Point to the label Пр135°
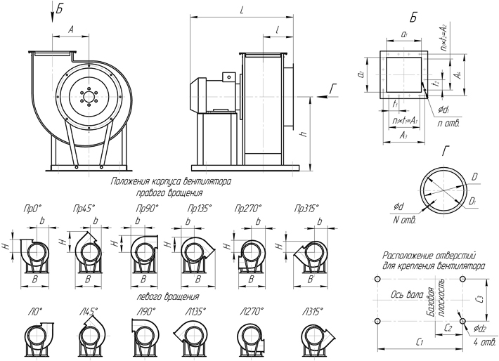(x=197, y=209)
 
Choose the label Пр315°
(x=308, y=209)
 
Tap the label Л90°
(x=145, y=310)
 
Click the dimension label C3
(x=480, y=298)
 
